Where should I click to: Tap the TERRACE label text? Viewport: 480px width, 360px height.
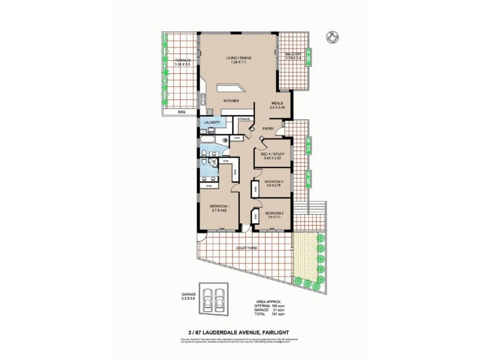click(x=182, y=61)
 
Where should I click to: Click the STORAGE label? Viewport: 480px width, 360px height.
click(x=244, y=119)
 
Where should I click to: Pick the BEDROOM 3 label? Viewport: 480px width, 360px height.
click(x=274, y=181)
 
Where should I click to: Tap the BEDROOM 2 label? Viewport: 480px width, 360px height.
click(x=274, y=212)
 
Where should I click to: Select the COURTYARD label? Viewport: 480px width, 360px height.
click(x=247, y=247)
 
